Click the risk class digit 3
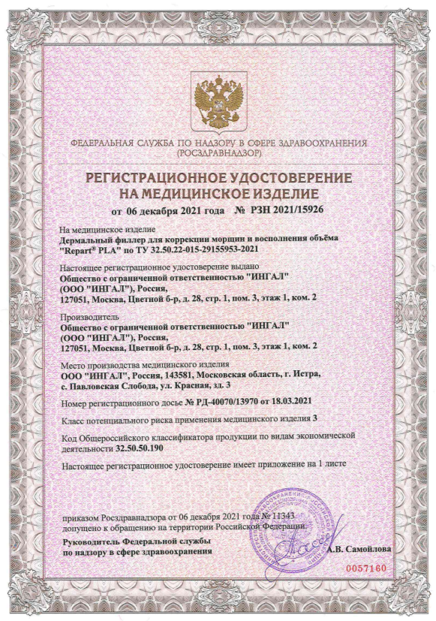pyautogui.click(x=315, y=418)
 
